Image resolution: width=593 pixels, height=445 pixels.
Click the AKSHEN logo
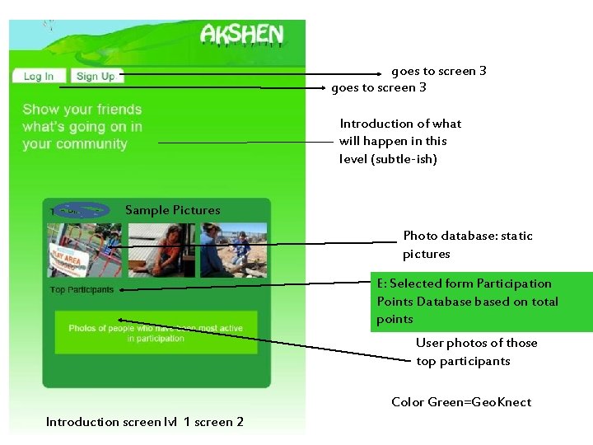pos(241,35)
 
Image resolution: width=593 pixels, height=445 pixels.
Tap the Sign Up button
pos(96,77)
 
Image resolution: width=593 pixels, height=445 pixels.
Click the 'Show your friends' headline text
pos(82,126)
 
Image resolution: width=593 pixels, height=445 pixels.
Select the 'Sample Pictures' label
pos(172,210)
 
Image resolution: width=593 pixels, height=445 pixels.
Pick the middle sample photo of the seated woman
pos(161,249)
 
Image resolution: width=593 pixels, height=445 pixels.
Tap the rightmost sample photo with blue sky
pos(233,249)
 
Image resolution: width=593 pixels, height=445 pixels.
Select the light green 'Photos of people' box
pos(156,332)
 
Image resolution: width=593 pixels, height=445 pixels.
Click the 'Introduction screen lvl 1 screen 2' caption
pos(145,422)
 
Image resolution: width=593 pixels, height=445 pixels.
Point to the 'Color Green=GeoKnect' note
pos(461,402)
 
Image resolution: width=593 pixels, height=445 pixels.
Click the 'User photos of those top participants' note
pos(476,352)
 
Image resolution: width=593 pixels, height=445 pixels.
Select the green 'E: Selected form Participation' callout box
pos(481,302)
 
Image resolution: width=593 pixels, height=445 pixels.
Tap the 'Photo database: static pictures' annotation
pos(467,245)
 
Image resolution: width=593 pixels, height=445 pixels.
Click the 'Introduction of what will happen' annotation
pos(400,141)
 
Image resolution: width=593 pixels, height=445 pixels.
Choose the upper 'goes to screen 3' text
pos(438,71)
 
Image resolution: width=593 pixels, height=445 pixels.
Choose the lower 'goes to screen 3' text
pos(379,87)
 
